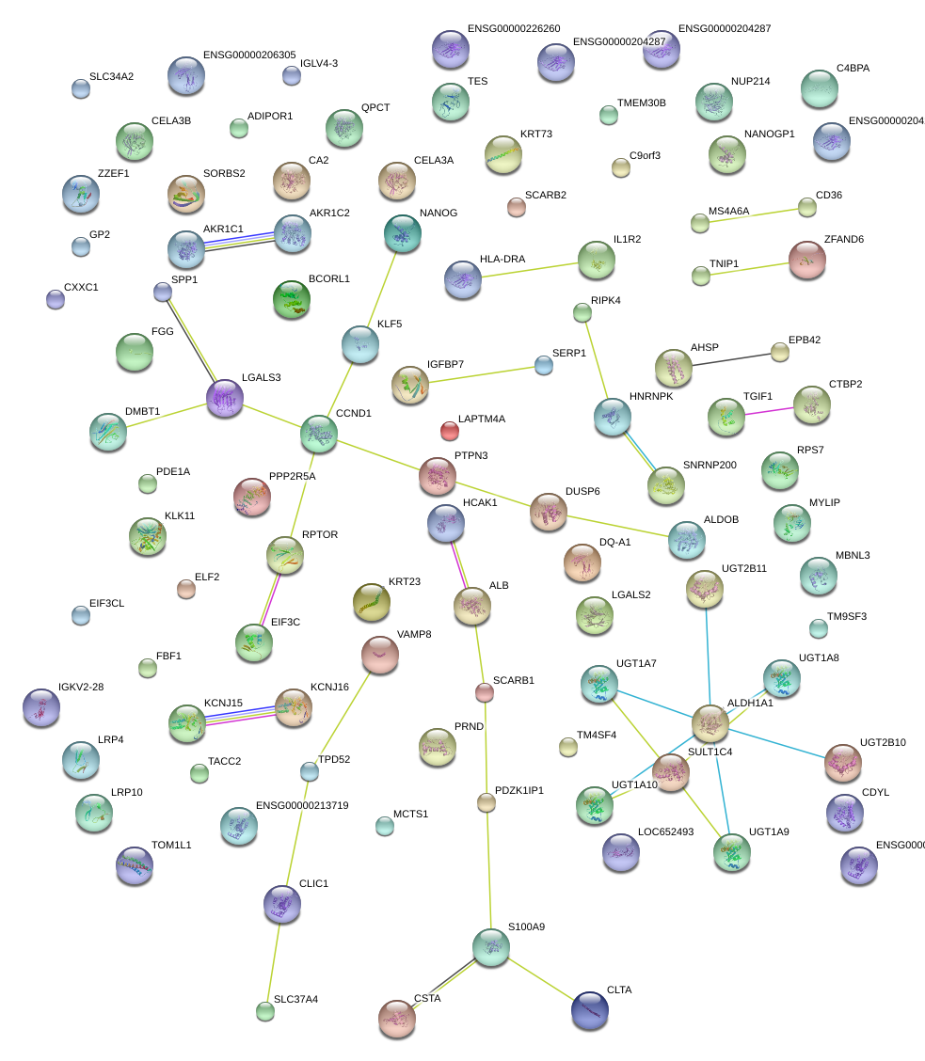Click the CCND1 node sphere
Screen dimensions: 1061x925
[x=319, y=434]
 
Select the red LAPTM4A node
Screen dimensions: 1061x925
[x=450, y=432]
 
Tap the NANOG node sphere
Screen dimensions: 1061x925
[x=404, y=233]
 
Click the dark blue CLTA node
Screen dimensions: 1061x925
[x=590, y=1010]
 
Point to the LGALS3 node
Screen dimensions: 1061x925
[x=225, y=398]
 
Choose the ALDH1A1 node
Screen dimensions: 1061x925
[x=710, y=722]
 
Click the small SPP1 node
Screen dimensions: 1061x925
[x=163, y=292]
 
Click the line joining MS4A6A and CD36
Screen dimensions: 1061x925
[x=753, y=215]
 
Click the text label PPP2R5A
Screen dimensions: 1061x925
[x=292, y=476]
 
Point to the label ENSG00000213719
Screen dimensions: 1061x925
[x=302, y=805]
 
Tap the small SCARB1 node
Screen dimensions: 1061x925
[x=484, y=692]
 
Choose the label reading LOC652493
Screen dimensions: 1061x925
[x=665, y=831]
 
